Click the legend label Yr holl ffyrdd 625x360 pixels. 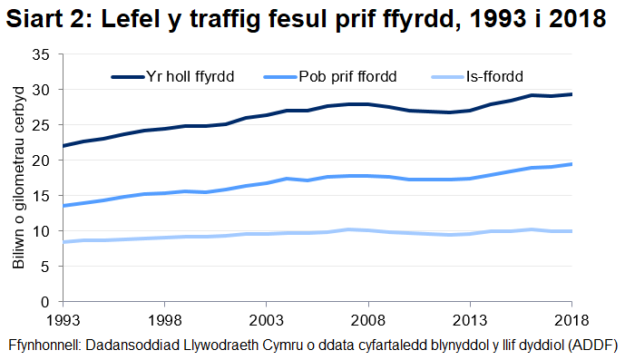(x=190, y=76)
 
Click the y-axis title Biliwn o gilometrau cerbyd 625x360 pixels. (x=18, y=178)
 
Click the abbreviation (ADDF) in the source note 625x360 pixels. (x=591, y=345)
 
